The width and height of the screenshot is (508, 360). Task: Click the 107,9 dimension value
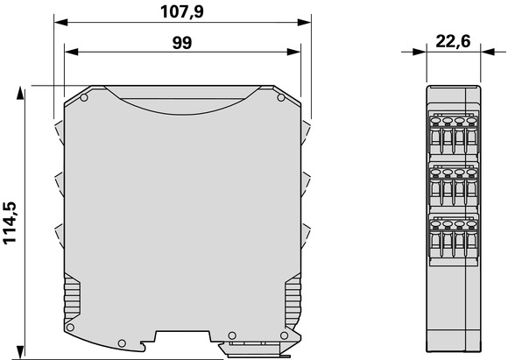[x=182, y=12]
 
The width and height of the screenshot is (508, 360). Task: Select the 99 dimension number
[x=182, y=43]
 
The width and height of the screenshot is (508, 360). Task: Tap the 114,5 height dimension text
[x=10, y=223]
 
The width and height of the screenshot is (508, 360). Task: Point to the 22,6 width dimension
[x=453, y=42]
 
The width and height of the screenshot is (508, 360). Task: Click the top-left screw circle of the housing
[x=83, y=97]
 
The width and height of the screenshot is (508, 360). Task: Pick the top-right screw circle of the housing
[x=281, y=97]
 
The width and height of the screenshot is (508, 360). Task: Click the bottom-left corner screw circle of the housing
[x=70, y=328]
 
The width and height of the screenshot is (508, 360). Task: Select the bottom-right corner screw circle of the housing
[x=284, y=335]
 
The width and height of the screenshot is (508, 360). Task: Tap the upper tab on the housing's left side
[x=59, y=132]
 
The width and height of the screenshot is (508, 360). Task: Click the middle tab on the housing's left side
[x=59, y=184]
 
